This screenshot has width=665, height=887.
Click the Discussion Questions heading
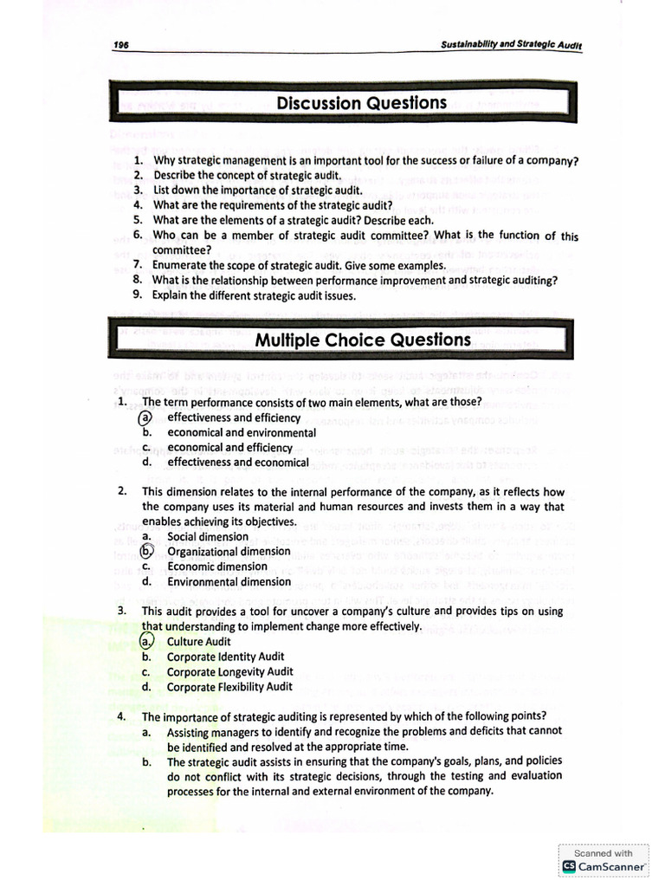(x=361, y=103)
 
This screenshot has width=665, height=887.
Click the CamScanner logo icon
(x=569, y=865)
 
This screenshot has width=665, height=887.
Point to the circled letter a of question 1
(x=146, y=418)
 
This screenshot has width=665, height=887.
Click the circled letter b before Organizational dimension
(x=147, y=551)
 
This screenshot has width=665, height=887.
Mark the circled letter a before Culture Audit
(x=146, y=642)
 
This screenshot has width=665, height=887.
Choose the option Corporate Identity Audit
(x=225, y=657)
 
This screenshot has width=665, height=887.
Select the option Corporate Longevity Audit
(x=229, y=671)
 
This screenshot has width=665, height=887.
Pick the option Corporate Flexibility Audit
(x=229, y=687)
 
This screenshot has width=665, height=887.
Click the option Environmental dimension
(x=229, y=581)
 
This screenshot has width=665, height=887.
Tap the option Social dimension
(x=208, y=536)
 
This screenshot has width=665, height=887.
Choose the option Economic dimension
(x=216, y=567)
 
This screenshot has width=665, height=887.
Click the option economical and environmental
(x=242, y=432)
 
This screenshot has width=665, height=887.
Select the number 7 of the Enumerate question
(x=138, y=265)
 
